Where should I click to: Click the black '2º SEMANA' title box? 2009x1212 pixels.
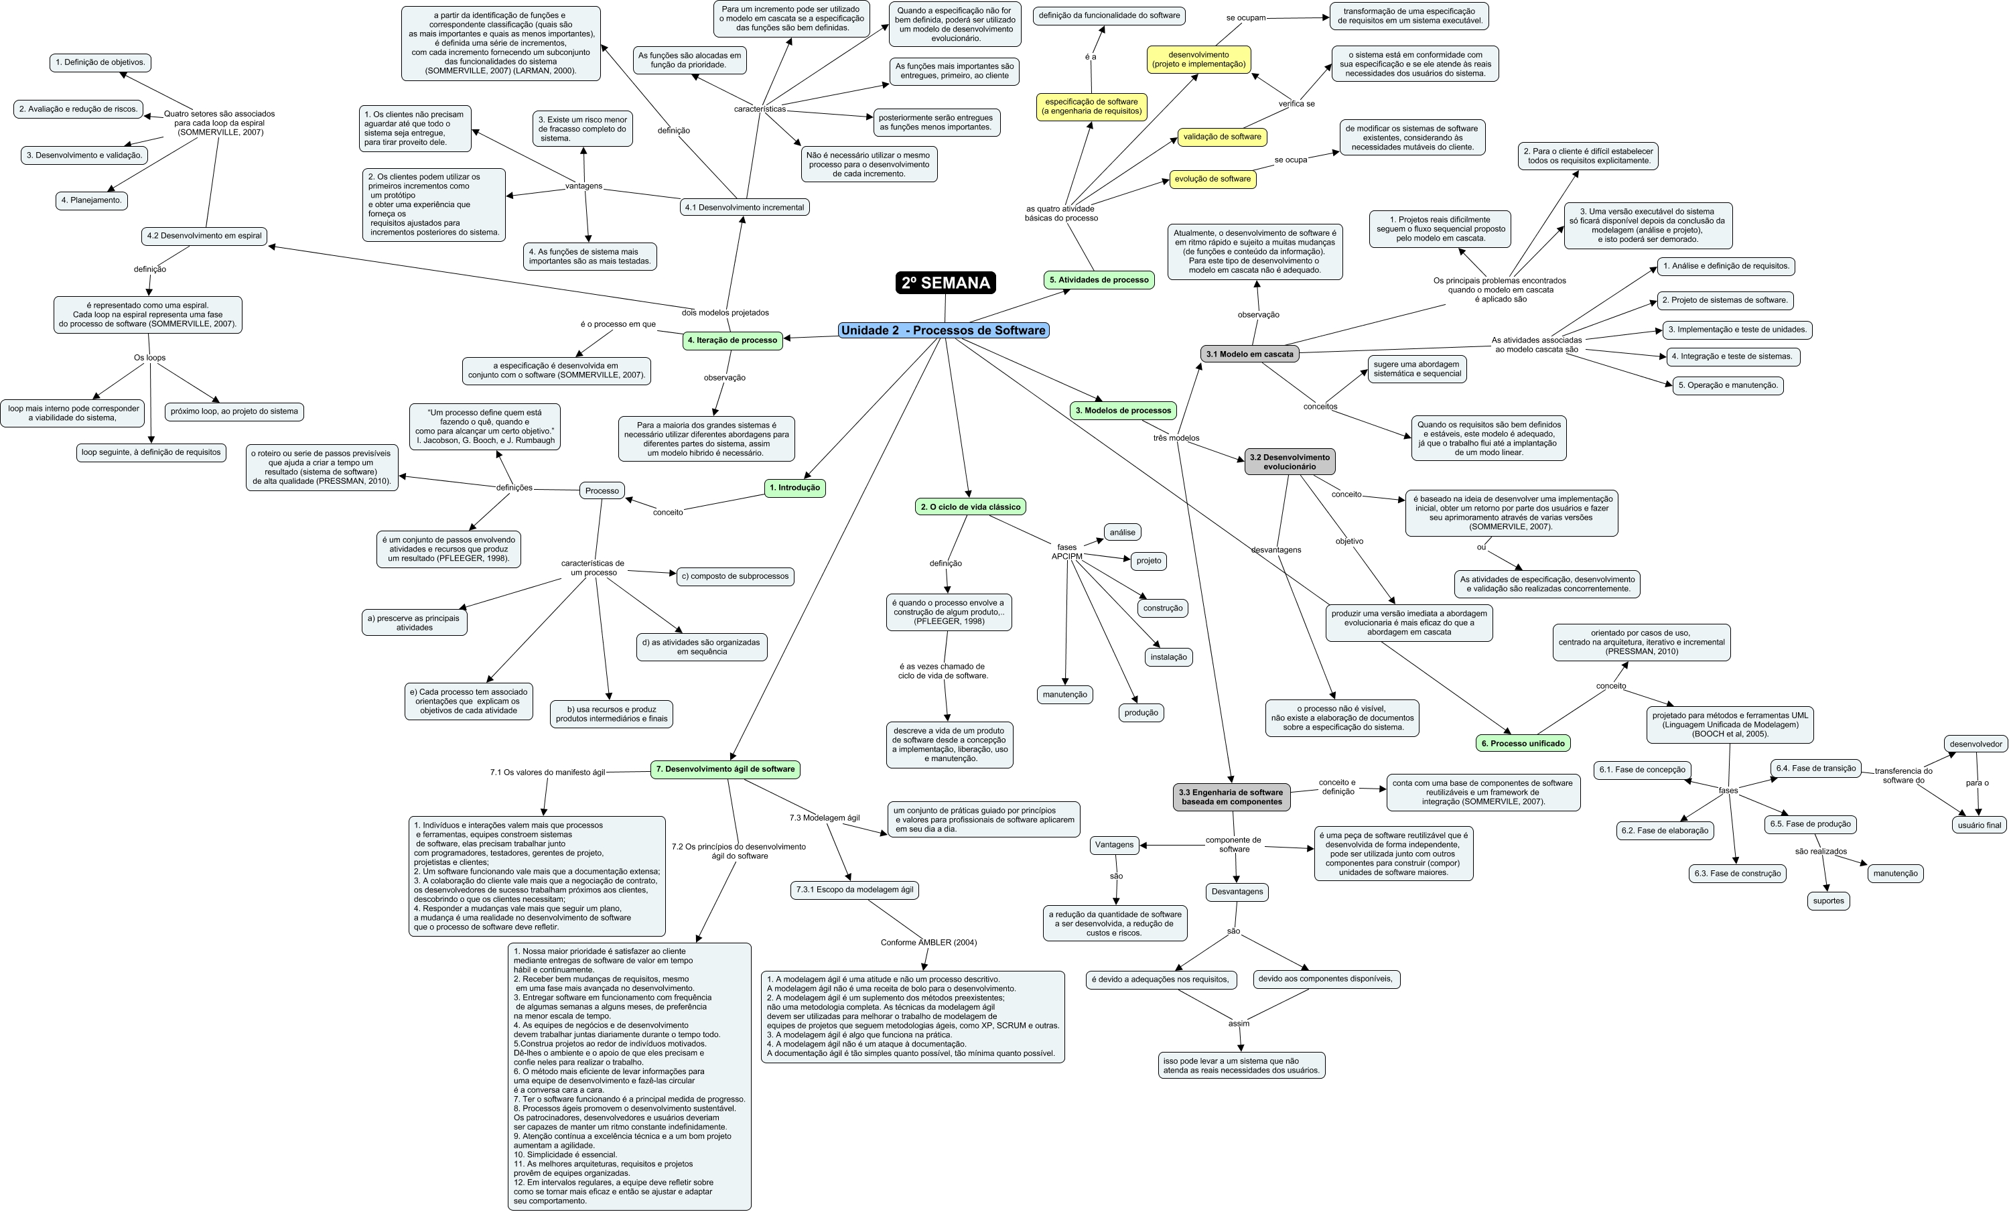coord(945,283)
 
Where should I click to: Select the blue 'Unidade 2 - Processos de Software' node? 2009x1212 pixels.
coord(943,330)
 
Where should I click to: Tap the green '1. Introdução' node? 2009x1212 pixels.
coord(795,488)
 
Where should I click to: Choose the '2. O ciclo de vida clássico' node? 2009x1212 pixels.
coord(970,507)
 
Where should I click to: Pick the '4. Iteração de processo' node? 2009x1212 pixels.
coord(732,340)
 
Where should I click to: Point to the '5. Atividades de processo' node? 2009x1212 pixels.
coord(1098,281)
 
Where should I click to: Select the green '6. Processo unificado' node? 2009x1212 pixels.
coord(1523,744)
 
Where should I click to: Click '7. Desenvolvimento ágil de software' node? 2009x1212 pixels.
coord(725,769)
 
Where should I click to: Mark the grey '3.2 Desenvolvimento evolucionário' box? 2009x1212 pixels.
coord(1289,462)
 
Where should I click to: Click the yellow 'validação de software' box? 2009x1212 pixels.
coord(1221,137)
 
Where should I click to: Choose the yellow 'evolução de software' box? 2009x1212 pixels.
coord(1213,180)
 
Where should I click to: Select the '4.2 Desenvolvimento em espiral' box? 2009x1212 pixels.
coord(204,237)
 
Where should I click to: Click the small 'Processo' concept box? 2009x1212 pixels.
coord(602,491)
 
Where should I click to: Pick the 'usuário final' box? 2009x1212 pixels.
coord(1979,825)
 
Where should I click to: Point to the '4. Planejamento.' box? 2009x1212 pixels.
coord(91,200)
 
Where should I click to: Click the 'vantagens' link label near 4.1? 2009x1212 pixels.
coord(583,186)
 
